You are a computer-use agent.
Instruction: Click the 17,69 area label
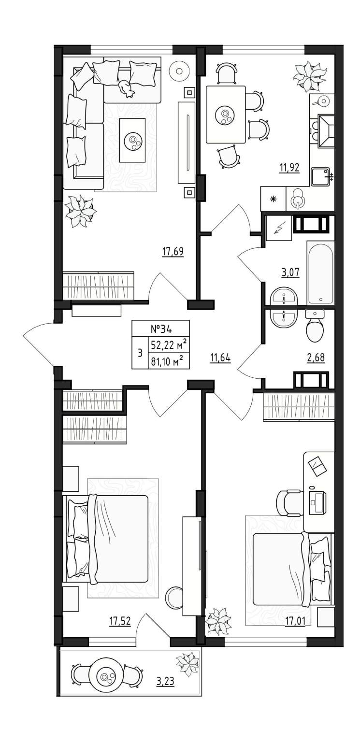click(173, 252)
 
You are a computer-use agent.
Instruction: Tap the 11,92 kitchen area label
click(289, 168)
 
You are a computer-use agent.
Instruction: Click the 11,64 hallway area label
click(220, 357)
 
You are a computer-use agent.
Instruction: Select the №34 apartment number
click(161, 328)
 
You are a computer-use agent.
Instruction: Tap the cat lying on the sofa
click(126, 88)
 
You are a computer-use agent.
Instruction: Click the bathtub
click(320, 272)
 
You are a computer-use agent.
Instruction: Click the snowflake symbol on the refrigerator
click(273, 199)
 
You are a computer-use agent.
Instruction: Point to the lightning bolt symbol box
click(278, 228)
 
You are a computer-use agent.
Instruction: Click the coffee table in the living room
click(132, 141)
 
